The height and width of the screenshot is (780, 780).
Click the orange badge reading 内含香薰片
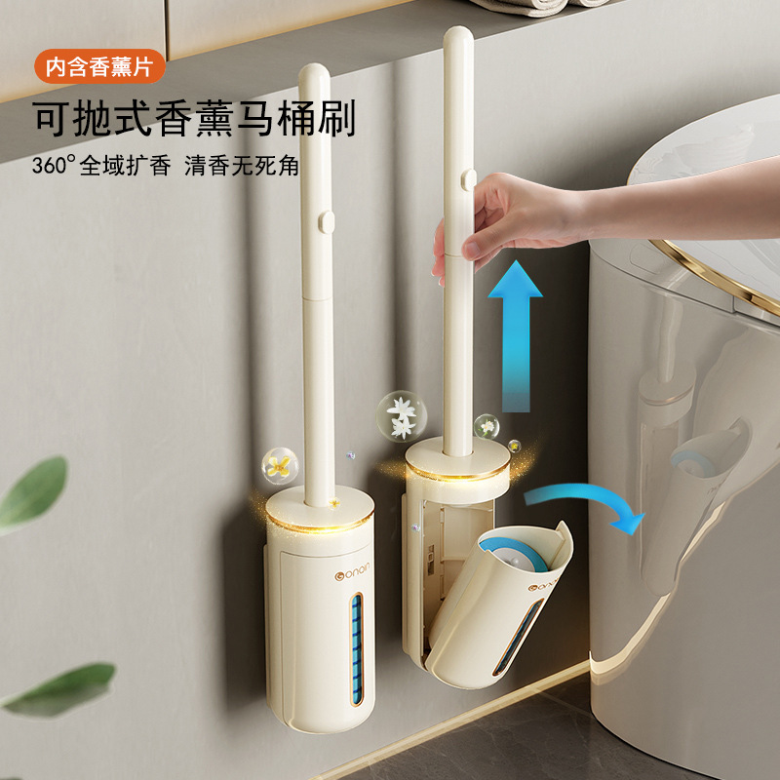point(99,68)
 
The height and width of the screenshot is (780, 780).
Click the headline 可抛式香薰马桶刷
point(194,119)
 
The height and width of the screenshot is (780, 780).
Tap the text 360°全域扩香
point(100,164)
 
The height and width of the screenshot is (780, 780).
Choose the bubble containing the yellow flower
point(281,464)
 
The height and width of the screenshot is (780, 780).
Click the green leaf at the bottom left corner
point(58,688)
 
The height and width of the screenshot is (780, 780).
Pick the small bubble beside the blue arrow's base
point(485,425)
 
